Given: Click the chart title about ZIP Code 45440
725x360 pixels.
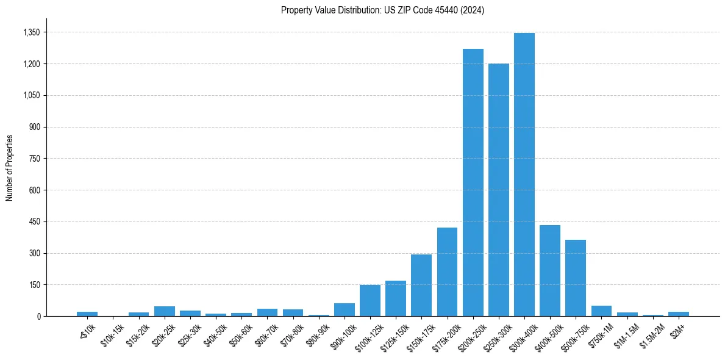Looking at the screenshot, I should pos(382,10).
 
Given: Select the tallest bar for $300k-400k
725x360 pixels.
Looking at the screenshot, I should pos(524,175).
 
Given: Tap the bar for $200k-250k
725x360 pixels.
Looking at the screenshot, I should pos(473,182).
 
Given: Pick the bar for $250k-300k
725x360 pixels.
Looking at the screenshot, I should pos(499,190).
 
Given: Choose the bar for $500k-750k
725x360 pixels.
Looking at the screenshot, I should pos(576,278).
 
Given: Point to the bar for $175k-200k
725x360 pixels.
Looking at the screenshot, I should pos(447,272).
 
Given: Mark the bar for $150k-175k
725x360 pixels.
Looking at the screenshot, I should pos(421,285).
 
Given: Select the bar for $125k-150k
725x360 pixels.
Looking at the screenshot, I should pos(396,298).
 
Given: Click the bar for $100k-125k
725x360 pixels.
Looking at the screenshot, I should pos(370,300).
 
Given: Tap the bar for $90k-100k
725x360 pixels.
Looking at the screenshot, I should pos(345,309).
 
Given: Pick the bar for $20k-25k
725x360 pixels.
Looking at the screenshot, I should pos(165,311).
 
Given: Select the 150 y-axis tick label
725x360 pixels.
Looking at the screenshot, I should pos(35,285).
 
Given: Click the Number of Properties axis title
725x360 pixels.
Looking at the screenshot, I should pos(10,168).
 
